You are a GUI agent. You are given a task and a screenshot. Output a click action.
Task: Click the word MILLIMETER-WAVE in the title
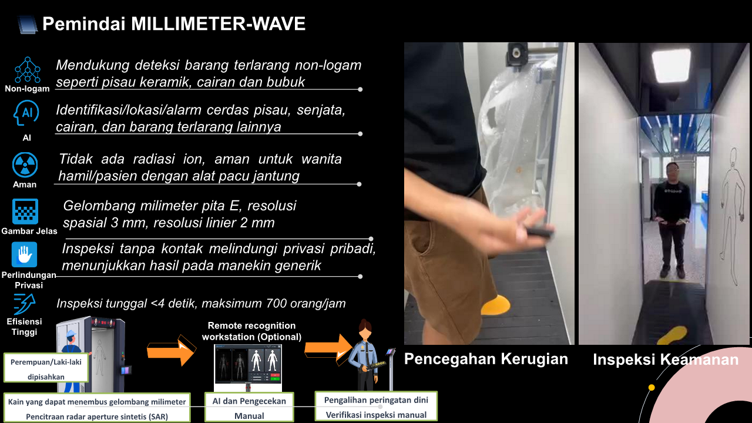point(218,24)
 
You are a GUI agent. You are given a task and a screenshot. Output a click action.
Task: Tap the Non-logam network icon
point(27,70)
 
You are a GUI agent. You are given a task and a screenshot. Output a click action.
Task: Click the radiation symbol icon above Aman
point(25,165)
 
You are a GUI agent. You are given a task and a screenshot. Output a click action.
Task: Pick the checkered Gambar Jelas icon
point(25,211)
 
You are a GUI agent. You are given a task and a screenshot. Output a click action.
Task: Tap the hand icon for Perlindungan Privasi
point(24,254)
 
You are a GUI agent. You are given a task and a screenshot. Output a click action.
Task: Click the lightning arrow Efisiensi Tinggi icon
point(25,304)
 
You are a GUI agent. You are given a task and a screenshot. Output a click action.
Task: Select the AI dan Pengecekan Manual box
point(249,407)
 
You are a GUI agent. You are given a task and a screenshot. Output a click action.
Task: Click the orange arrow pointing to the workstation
point(171,351)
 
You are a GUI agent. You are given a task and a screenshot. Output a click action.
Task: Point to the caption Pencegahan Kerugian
point(486,359)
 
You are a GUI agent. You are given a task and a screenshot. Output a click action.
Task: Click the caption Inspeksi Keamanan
point(666,360)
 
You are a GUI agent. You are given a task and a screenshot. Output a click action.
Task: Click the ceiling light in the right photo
point(672,65)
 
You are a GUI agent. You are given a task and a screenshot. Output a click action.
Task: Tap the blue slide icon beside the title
point(27,25)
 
